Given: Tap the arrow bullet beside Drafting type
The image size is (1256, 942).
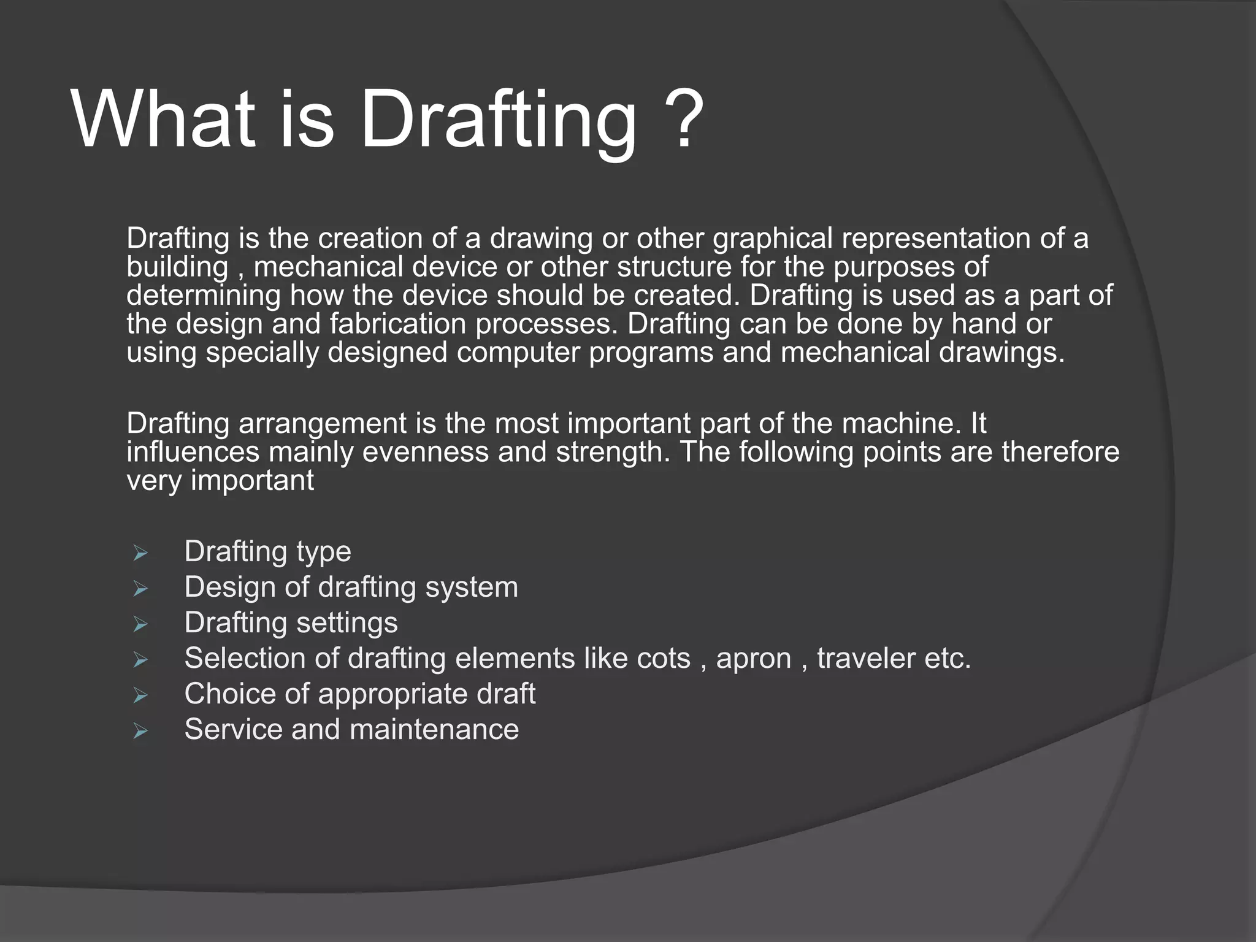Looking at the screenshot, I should click(x=140, y=554).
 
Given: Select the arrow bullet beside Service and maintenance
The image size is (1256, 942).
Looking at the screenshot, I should click(x=140, y=732).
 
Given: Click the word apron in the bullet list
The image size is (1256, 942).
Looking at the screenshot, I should click(x=754, y=659).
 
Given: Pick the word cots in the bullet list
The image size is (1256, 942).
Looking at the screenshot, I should click(x=664, y=658).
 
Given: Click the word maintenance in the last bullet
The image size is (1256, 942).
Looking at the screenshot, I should click(x=434, y=729).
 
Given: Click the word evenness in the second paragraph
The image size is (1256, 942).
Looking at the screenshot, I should click(x=426, y=452).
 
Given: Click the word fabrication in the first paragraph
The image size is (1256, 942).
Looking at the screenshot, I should click(x=398, y=324).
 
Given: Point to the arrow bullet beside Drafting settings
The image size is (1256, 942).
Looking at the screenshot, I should click(x=140, y=625).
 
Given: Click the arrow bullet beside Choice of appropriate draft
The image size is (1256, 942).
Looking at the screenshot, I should click(x=140, y=696).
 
